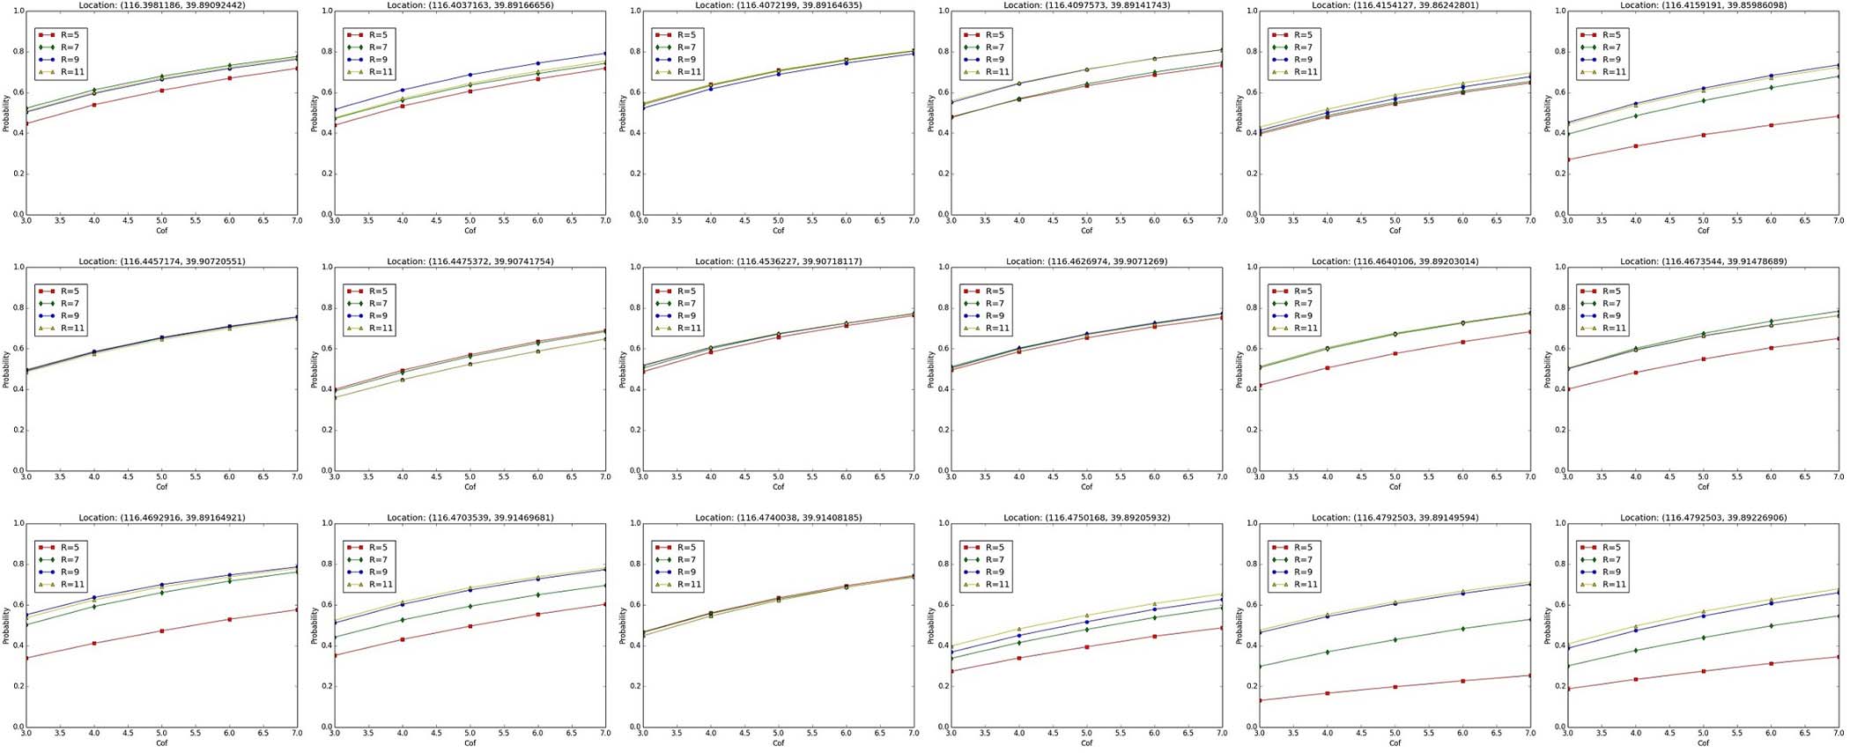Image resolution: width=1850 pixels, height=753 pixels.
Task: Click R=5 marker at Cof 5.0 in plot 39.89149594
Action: [1395, 687]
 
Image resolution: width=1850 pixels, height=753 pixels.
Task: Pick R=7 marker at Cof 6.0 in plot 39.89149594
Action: [1462, 629]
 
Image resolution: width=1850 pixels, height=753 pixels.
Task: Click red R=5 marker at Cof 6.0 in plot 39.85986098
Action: [1771, 125]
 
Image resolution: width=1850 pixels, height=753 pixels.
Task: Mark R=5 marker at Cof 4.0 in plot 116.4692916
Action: [93, 643]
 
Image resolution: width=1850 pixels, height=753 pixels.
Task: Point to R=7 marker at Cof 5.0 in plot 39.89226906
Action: [1703, 638]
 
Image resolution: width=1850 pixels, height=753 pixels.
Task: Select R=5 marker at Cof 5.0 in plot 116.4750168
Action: [1086, 647]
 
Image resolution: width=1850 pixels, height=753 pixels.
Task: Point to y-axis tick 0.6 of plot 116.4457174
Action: [17, 349]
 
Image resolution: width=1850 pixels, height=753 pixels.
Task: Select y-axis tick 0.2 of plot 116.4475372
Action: [325, 430]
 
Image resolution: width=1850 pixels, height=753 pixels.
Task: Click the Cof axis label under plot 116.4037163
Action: [470, 231]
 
